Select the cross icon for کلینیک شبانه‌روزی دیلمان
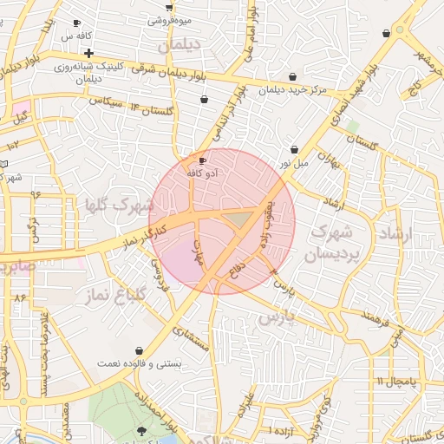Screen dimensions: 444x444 pos(88,53)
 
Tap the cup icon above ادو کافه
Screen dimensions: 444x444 pos(203,160)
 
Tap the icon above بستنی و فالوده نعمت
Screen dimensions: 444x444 pos(139,349)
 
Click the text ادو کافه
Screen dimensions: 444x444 pos(203,173)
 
